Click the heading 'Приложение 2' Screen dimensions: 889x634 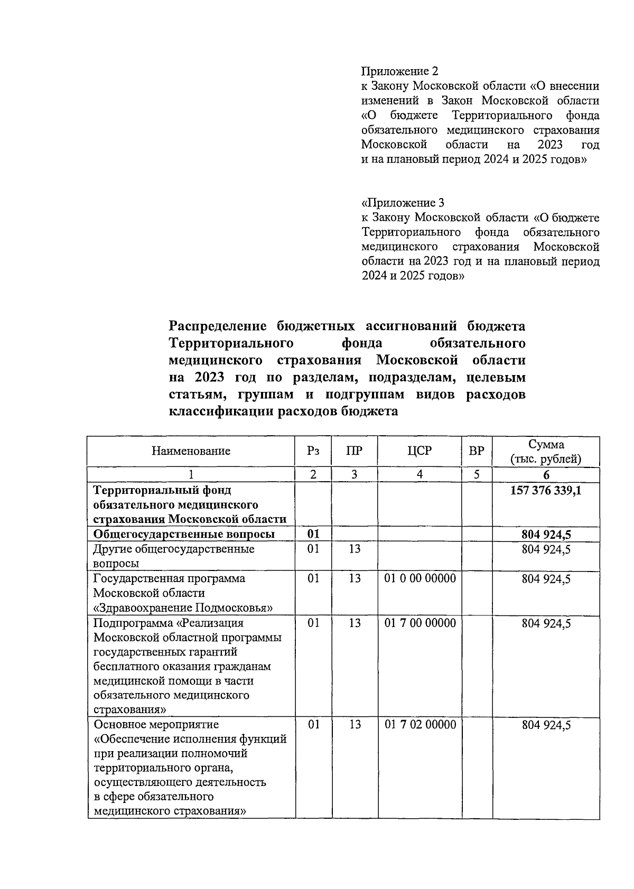(399, 71)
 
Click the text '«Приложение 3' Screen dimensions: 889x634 (403, 203)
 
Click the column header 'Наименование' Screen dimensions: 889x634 (191, 451)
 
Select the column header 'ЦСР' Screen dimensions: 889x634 (419, 451)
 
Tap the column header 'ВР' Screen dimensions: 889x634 (476, 451)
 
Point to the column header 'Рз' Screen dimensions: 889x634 (313, 451)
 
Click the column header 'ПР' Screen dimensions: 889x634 (354, 451)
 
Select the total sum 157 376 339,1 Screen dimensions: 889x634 (546, 490)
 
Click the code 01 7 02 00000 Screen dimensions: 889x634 (420, 725)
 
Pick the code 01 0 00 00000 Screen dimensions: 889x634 (420, 578)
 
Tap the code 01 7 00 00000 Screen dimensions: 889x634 (420, 623)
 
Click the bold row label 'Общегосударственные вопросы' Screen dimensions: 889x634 (184, 534)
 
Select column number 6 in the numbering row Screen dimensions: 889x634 (546, 474)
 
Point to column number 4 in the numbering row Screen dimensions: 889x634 (419, 474)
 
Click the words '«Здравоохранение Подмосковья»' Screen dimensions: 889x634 (183, 607)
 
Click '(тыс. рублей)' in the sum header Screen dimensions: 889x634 (546, 459)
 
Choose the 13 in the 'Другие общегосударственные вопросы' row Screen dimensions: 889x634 (354, 549)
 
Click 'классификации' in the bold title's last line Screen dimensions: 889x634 (221, 411)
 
